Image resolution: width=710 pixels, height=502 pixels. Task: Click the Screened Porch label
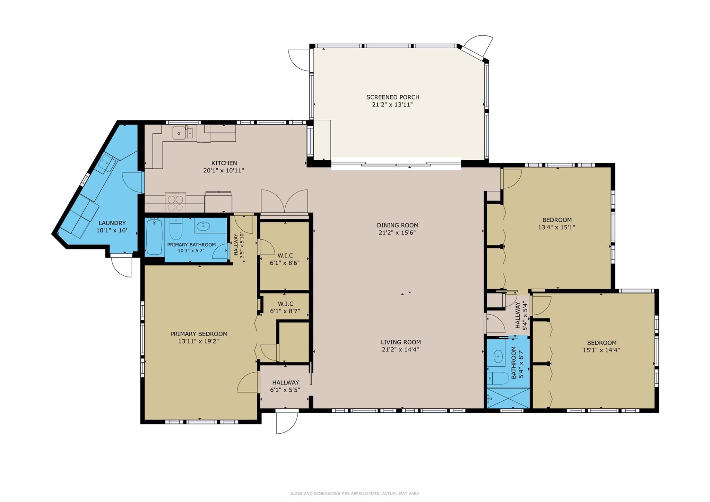pos(392,97)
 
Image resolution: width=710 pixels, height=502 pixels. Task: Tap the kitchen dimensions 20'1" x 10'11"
pos(224,170)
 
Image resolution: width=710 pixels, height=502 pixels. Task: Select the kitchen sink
pos(179,133)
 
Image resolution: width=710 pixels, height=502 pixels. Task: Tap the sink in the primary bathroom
pos(203,227)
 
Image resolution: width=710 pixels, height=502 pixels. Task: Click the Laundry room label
pos(112,223)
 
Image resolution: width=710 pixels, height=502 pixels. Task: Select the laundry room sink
pos(106,163)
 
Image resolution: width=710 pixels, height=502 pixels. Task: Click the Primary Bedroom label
pos(199,334)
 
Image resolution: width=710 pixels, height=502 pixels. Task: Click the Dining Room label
pos(397,225)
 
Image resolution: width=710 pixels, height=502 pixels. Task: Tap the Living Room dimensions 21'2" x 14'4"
pos(400,349)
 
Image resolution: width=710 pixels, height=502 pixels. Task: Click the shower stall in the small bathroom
pos(508,398)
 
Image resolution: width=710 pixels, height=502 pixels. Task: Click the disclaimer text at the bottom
pos(355,493)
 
